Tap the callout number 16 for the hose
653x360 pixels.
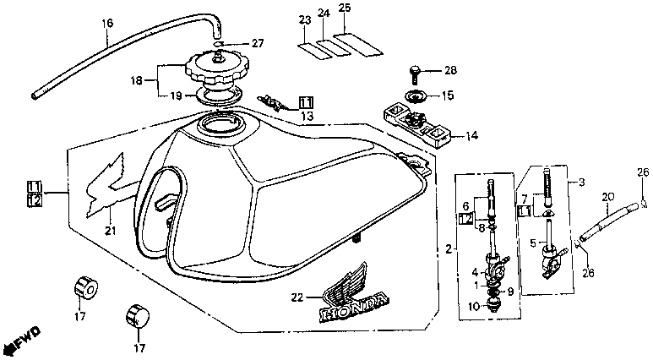pyautogui.click(x=106, y=24)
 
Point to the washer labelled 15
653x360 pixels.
pyautogui.click(x=417, y=96)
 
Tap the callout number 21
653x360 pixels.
pyautogui.click(x=108, y=232)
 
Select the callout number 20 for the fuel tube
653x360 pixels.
pyautogui.click(x=607, y=198)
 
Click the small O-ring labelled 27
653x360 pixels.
pyautogui.click(x=218, y=43)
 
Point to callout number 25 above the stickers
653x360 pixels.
pyautogui.click(x=344, y=8)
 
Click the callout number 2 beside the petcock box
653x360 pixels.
pyautogui.click(x=448, y=248)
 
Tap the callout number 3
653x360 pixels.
pyautogui.click(x=581, y=181)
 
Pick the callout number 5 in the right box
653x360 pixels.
pyautogui.click(x=531, y=242)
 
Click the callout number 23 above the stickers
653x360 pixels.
pyautogui.click(x=304, y=19)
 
